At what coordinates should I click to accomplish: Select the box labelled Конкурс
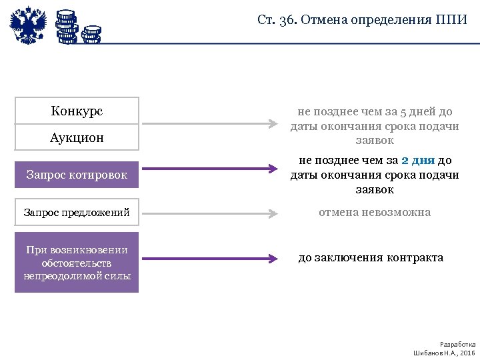77,111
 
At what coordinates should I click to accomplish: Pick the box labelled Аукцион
77,137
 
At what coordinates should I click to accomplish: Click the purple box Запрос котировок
77,175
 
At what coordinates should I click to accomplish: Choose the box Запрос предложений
77,213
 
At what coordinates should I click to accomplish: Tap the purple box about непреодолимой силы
77,263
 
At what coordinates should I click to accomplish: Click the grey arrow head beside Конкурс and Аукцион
272,124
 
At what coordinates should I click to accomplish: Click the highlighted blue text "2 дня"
419,161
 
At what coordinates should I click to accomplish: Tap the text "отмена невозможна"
375,213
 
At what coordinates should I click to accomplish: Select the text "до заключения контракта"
371,257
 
